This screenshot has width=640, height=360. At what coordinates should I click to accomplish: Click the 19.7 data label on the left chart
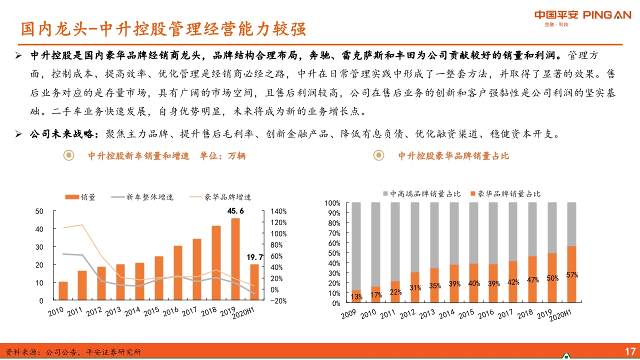[254, 257]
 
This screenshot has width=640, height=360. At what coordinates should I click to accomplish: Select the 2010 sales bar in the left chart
[63, 291]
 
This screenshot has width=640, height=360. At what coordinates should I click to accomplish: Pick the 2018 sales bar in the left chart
[216, 263]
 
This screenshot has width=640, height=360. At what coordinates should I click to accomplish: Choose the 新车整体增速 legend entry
[143, 197]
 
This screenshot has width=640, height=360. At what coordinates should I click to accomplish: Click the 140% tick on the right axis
[278, 211]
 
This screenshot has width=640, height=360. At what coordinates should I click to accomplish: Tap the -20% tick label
[278, 300]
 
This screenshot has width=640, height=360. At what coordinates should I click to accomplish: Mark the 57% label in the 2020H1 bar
[572, 275]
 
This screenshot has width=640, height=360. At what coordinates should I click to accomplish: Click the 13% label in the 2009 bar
[356, 297]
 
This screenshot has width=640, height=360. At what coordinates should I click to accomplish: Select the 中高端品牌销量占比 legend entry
[421, 193]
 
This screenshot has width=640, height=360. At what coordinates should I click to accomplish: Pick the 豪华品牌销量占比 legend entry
[505, 193]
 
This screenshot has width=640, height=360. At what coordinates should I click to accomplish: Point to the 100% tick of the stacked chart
[332, 203]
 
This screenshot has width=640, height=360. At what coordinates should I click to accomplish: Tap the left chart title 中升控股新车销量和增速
[139, 156]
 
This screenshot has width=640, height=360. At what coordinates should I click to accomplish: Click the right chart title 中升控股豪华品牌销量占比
[453, 156]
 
